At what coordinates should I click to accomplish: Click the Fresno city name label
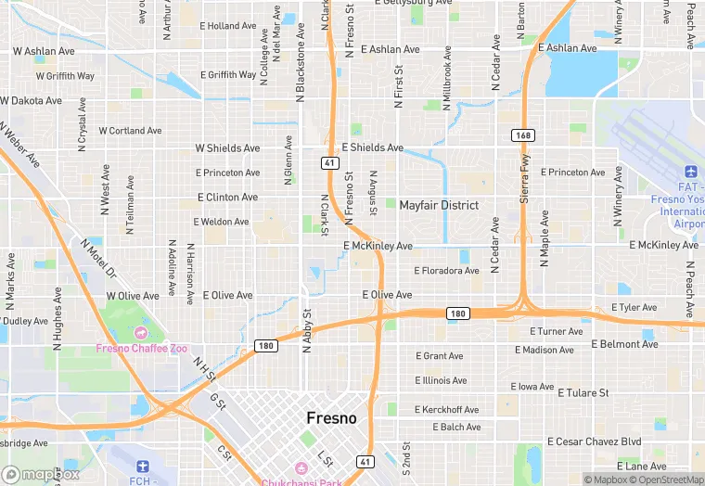click(331, 418)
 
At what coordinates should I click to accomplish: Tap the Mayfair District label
click(439, 205)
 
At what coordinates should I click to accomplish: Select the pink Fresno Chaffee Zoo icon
click(141, 332)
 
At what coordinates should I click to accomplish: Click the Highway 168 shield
click(522, 135)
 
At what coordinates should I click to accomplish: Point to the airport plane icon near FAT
click(690, 173)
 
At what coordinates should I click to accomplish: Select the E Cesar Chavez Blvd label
click(594, 441)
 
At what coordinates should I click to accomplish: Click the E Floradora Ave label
click(446, 271)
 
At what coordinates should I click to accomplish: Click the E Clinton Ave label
click(228, 198)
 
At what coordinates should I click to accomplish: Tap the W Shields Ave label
click(227, 148)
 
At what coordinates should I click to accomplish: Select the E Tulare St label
click(577, 393)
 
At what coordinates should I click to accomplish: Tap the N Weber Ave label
click(19, 145)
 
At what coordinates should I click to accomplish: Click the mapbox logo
click(40, 474)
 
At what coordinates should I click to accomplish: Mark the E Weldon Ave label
click(221, 222)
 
